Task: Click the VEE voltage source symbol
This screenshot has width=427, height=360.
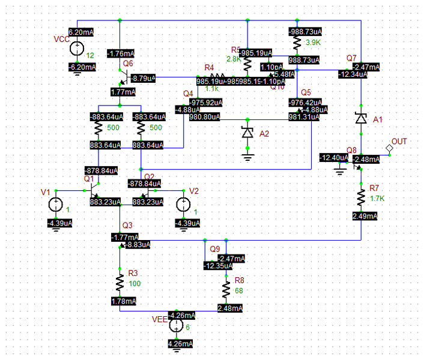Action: coord(176,326)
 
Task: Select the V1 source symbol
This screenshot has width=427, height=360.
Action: coord(55,205)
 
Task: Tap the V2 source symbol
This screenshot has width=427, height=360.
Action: coord(182,205)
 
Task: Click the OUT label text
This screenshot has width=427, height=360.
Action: coord(399,141)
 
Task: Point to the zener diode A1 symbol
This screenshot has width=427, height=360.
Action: coord(360,119)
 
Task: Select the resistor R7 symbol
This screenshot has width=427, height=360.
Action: coord(361,197)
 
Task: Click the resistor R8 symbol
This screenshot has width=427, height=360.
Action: coord(226,290)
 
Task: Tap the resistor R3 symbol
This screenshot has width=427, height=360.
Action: coord(120,282)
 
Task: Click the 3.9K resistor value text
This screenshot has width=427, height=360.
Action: coord(313,43)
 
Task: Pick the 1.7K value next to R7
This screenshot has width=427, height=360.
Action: coord(377,198)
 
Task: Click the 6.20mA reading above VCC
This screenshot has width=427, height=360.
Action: coord(82,32)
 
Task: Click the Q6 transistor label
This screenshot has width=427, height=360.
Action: coord(127,63)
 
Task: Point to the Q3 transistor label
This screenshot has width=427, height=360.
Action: coord(127,225)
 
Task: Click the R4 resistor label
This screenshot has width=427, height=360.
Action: coord(209,67)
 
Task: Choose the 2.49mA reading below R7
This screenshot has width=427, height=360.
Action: coord(365,215)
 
